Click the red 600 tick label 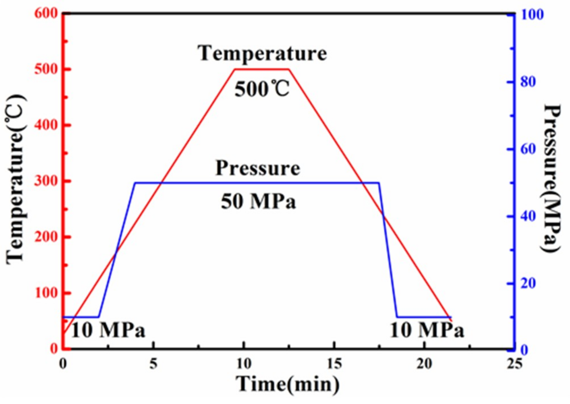[x=46, y=13]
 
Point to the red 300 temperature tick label [x=46, y=181]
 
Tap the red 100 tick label [x=46, y=293]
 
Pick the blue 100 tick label [x=532, y=15]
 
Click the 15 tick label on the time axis [x=334, y=364]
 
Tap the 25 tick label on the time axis [x=515, y=364]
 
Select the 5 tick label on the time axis [x=153, y=364]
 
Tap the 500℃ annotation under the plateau [x=262, y=89]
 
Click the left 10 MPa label [x=108, y=331]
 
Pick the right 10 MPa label [x=427, y=331]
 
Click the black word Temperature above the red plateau [x=262, y=53]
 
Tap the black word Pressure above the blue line [x=258, y=168]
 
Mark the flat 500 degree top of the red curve [x=262, y=69]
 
